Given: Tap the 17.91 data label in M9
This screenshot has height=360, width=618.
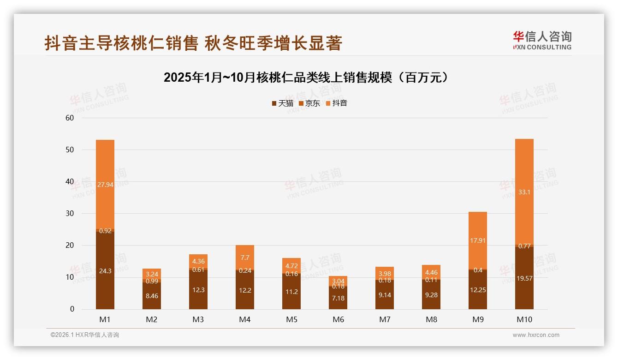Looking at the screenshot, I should tap(477, 240).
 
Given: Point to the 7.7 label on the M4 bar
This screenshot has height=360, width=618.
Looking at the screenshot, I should tap(245, 258).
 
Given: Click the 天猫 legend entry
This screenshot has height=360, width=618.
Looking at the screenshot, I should tap(282, 103).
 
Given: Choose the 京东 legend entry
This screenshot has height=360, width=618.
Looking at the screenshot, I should tap(309, 103).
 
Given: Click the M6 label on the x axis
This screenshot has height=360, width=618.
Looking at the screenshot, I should tap(338, 319).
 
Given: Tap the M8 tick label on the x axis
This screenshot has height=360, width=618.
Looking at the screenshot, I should tap(431, 319).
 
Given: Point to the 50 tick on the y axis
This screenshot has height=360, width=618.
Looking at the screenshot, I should tap(70, 150).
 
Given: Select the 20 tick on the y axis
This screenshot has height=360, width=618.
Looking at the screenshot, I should tap(70, 246).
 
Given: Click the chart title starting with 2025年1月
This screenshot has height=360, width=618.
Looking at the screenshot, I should tap(306, 78).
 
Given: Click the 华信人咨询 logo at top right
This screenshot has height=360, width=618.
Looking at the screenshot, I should tap(542, 40).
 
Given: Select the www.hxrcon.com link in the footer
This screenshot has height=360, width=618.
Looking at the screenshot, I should tap(536, 335).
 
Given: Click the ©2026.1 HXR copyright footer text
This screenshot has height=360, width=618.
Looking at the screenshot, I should tap(85, 335).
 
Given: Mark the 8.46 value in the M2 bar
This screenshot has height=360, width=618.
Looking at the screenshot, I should tap(152, 296).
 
